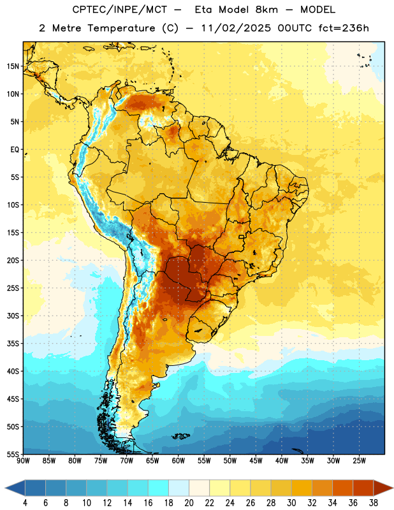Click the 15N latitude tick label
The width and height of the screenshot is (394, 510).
point(13,66)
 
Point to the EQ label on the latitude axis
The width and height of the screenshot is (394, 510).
point(15,150)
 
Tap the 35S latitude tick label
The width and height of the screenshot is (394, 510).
point(13,344)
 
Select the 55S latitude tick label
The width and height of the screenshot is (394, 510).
point(13,454)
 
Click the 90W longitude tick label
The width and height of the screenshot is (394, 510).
point(24,461)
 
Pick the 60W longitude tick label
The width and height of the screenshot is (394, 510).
point(179,461)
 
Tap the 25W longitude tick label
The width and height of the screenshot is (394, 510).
point(359,461)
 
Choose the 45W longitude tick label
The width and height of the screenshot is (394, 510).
point(256,461)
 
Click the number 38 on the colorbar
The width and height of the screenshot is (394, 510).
point(373,503)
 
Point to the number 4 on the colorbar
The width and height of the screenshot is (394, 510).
point(25,503)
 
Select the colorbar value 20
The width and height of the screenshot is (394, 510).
point(189,503)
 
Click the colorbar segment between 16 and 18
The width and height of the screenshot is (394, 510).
point(158,488)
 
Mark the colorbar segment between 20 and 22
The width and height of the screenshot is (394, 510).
point(199,488)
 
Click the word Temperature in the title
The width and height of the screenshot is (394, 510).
point(121,28)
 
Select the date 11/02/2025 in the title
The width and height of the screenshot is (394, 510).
point(236,28)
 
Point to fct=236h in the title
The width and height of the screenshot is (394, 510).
point(344,28)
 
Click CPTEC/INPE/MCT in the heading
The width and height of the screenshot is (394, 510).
point(120,10)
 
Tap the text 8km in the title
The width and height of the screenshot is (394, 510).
point(266,10)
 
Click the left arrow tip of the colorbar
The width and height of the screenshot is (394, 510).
point(5,488)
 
